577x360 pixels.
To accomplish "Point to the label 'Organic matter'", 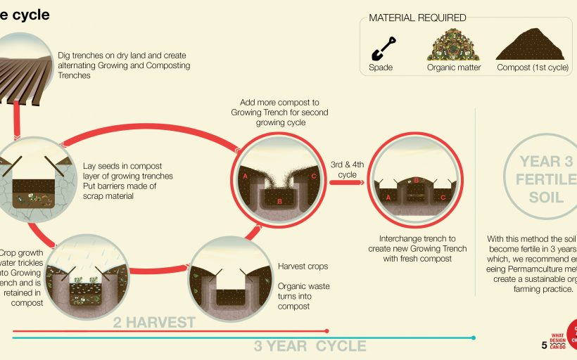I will coord(454,68).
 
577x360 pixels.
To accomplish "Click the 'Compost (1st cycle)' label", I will coord(532,68).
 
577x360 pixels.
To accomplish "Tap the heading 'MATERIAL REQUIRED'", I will coord(417,18).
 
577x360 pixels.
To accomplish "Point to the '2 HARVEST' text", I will coord(155,323).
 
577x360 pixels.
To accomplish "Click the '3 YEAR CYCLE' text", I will coord(310,346).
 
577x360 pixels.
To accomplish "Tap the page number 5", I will coord(544,345).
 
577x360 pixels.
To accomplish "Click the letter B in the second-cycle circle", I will coord(280,202).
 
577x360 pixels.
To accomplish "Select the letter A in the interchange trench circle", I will coord(388,198).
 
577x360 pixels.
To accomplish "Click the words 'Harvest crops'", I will coord(303,266).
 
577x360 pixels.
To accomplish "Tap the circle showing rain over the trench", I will coord(89,274).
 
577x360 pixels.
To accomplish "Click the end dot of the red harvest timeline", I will coord(326,330).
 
